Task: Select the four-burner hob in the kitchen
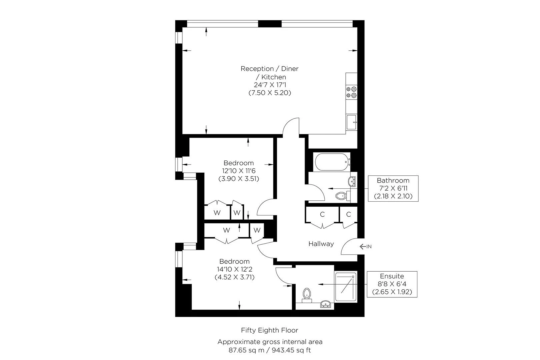pos(351,92)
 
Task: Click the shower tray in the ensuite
pos(346,287)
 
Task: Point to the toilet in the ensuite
pos(307,295)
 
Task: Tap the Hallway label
pos(321,244)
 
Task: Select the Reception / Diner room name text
pos(269,69)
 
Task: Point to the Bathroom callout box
pos(393,188)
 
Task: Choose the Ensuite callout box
pos(392,284)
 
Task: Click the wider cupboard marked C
pos(322,214)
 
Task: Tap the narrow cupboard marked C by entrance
pos(348,214)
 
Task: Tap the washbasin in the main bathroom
pos(351,182)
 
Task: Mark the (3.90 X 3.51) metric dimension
pos(239,179)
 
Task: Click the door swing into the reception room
pos(291,126)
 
